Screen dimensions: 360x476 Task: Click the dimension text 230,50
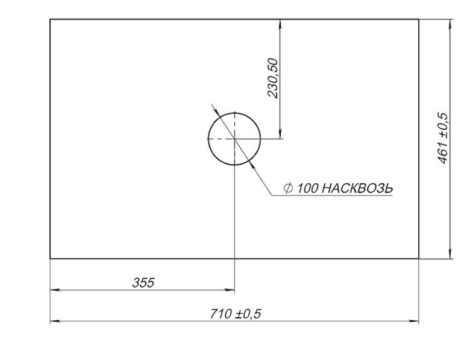point(272,78)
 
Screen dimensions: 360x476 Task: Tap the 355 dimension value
point(143,282)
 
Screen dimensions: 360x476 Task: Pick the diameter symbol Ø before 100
point(289,188)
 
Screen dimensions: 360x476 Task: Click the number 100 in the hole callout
point(307,188)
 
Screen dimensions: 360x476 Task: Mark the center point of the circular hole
point(234,139)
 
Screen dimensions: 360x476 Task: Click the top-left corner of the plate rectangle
point(50,19)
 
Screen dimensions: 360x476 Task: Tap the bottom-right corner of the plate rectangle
point(419,259)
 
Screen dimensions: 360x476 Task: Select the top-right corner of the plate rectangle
point(419,19)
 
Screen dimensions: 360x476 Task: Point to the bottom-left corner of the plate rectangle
point(50,259)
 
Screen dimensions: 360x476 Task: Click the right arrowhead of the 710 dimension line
point(415,322)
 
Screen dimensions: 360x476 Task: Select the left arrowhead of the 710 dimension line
point(54,322)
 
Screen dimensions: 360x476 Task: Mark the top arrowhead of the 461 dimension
point(451,24)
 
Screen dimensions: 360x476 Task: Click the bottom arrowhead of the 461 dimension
point(451,254)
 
